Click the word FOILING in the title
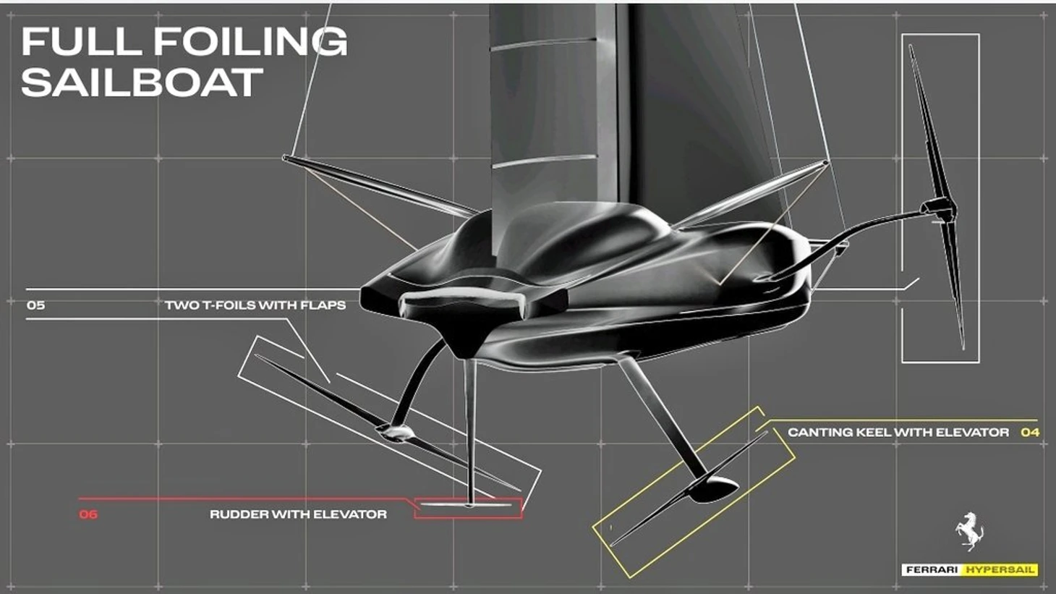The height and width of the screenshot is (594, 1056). [250, 41]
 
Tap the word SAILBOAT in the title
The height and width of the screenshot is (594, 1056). [142, 82]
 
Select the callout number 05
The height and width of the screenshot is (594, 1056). [36, 305]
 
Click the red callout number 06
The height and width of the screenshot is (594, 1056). [89, 514]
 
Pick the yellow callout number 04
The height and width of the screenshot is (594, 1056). [1030, 433]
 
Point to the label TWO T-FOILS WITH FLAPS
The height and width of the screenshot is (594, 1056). [255, 305]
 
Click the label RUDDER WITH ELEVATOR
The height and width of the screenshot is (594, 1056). [299, 514]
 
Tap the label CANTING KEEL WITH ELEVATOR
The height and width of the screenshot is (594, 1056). [898, 433]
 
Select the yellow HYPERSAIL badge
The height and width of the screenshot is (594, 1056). [1000, 570]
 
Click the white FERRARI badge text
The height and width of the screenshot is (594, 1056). [932, 570]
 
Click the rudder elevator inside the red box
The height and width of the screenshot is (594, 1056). [467, 505]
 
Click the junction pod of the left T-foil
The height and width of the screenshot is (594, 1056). [395, 433]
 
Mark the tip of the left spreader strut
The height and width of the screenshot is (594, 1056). [285, 157]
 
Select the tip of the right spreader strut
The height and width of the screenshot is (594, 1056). [825, 163]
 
